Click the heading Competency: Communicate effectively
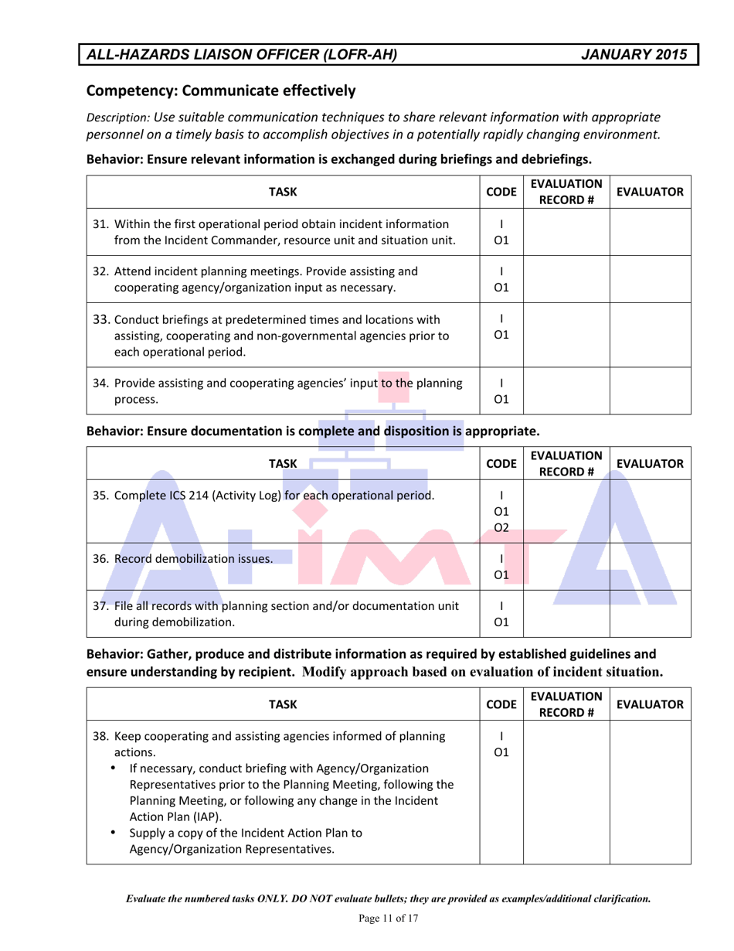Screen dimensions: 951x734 pyautogui.click(x=220, y=90)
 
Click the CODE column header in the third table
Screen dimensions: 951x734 pyautogui.click(x=502, y=704)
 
